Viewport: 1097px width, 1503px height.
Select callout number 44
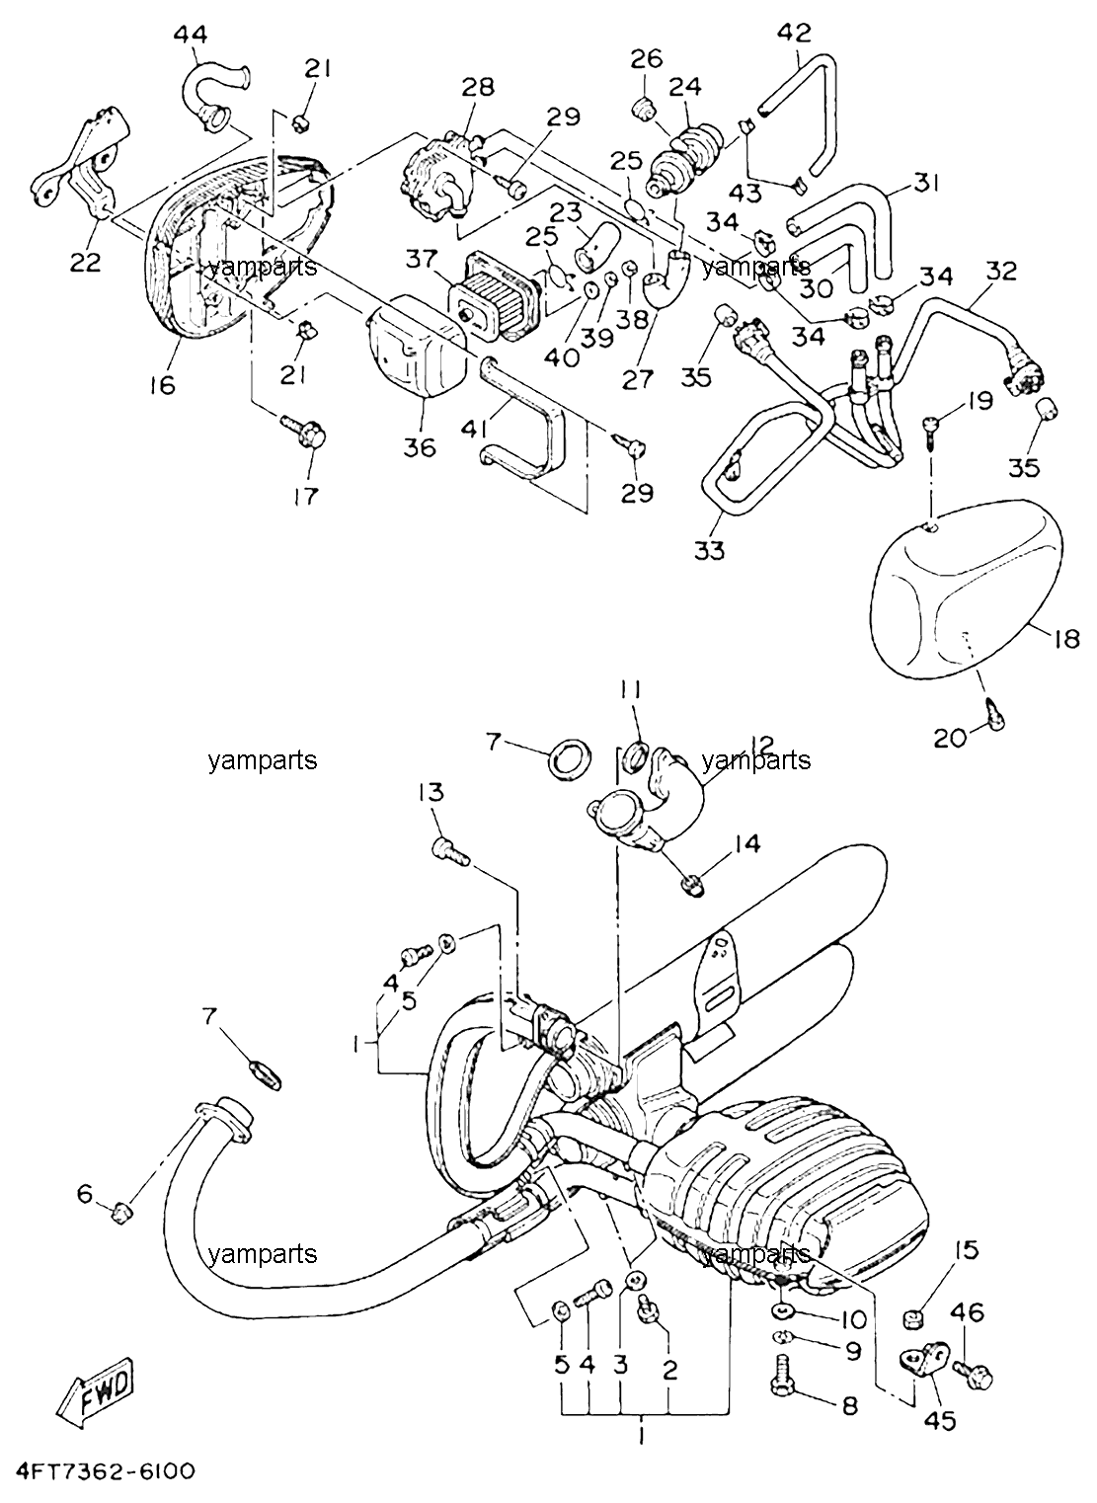pyautogui.click(x=191, y=35)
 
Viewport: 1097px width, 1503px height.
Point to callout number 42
pyautogui.click(x=795, y=32)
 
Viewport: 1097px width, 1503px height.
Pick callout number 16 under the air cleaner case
pyautogui.click(x=163, y=384)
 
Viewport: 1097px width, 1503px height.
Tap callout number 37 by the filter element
pyautogui.click(x=422, y=259)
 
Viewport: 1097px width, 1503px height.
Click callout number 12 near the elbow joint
pyautogui.click(x=762, y=744)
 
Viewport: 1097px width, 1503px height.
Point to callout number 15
pyautogui.click(x=966, y=1250)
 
